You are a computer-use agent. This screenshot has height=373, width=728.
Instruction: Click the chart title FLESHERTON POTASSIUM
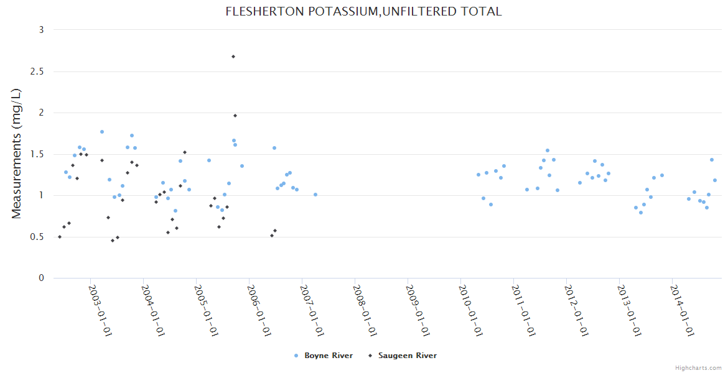tap(363, 12)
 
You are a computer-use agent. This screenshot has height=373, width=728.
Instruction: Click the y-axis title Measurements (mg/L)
tap(17, 154)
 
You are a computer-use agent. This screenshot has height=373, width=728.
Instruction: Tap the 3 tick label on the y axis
tap(41, 30)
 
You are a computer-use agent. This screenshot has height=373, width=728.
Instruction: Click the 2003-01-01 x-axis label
tap(100, 310)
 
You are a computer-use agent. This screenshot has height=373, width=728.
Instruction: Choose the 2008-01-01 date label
tap(364, 310)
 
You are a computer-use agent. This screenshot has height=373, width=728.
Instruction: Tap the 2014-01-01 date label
tap(681, 310)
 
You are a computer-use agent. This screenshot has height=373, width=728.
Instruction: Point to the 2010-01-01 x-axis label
tap(470, 310)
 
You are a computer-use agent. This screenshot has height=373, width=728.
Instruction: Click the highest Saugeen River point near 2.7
tap(233, 57)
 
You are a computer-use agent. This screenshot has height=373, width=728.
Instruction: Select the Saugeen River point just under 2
tap(235, 116)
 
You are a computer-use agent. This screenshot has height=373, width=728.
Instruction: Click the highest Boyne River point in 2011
tap(548, 150)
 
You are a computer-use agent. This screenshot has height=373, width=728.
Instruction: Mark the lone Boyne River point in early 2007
tap(315, 195)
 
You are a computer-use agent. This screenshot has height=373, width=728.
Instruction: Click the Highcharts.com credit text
tap(698, 367)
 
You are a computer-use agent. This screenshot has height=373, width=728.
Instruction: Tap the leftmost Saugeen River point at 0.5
tap(60, 237)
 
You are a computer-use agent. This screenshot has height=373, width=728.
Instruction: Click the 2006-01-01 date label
tap(258, 310)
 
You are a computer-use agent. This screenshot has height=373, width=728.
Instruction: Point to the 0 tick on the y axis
tap(41, 278)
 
